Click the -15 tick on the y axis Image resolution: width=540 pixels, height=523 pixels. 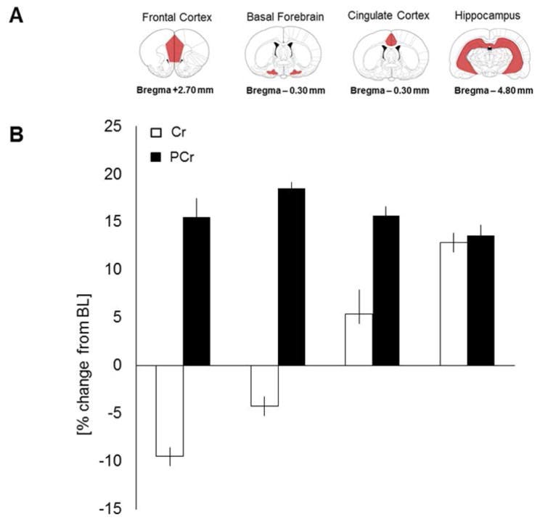point(112,508)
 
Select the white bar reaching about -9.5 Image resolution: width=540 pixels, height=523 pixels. point(169,410)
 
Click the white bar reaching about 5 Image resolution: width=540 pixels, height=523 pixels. point(359,339)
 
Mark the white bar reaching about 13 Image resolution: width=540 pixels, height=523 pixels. point(453,304)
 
